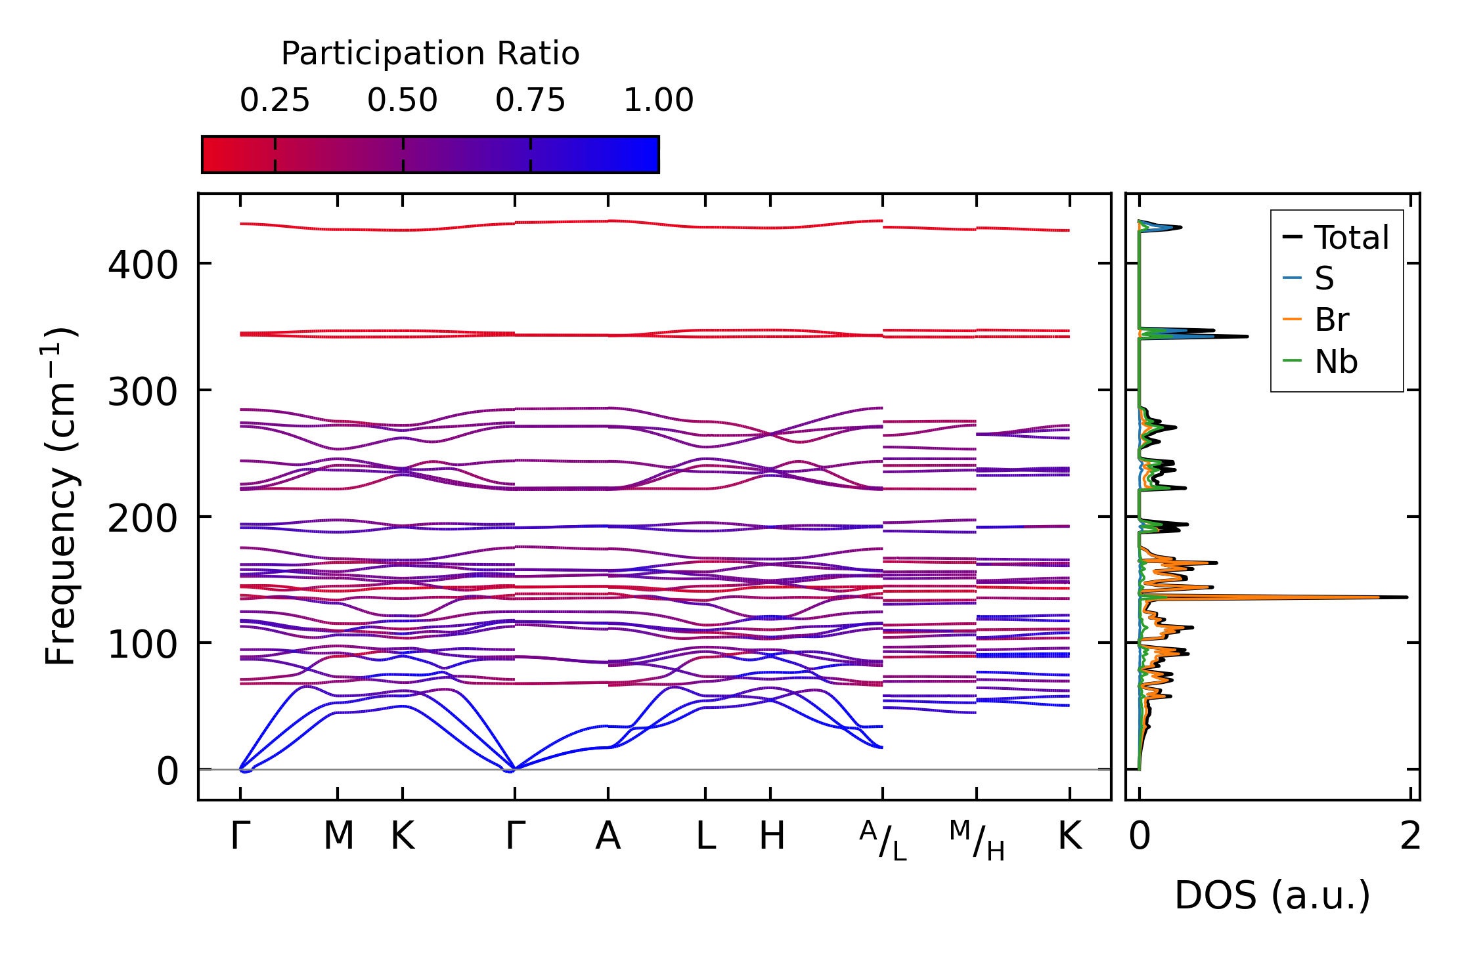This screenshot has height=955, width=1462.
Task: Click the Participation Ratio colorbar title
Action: pyautogui.click(x=430, y=54)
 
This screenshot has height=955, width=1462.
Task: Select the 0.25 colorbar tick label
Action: pyautogui.click(x=275, y=100)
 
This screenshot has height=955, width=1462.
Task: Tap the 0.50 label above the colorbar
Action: pyautogui.click(x=402, y=100)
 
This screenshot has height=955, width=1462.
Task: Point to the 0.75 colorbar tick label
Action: pyautogui.click(x=530, y=100)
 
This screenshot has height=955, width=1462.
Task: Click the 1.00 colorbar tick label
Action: pyautogui.click(x=658, y=100)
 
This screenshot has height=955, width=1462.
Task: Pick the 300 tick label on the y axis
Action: pyautogui.click(x=143, y=393)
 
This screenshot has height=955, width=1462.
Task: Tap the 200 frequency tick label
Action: pyautogui.click(x=143, y=519)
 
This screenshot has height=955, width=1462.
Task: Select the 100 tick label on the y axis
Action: pyautogui.click(x=143, y=645)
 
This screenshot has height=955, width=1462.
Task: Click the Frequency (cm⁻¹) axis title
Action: pyautogui.click(x=61, y=496)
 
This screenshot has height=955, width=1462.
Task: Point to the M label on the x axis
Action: pyautogui.click(x=338, y=837)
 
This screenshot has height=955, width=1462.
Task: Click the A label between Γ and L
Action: pyautogui.click(x=608, y=837)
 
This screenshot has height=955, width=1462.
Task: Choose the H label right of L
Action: pyautogui.click(x=772, y=837)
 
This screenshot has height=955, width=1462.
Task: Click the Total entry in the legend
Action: pyautogui.click(x=1351, y=238)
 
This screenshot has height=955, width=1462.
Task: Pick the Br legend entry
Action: pyautogui.click(x=1331, y=320)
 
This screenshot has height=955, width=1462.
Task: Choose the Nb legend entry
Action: pyautogui.click(x=1335, y=362)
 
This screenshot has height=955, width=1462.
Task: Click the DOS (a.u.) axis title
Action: pyautogui.click(x=1272, y=896)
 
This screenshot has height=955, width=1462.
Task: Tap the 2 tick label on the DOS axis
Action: pyautogui.click(x=1410, y=837)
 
